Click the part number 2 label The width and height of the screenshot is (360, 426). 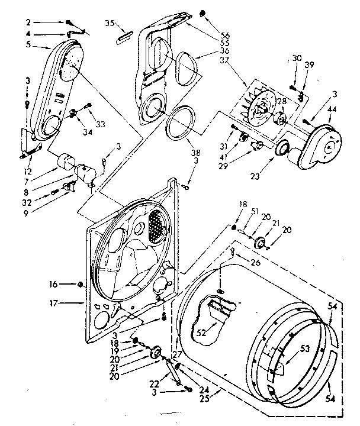28,22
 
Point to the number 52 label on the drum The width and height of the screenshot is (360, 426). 201,333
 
